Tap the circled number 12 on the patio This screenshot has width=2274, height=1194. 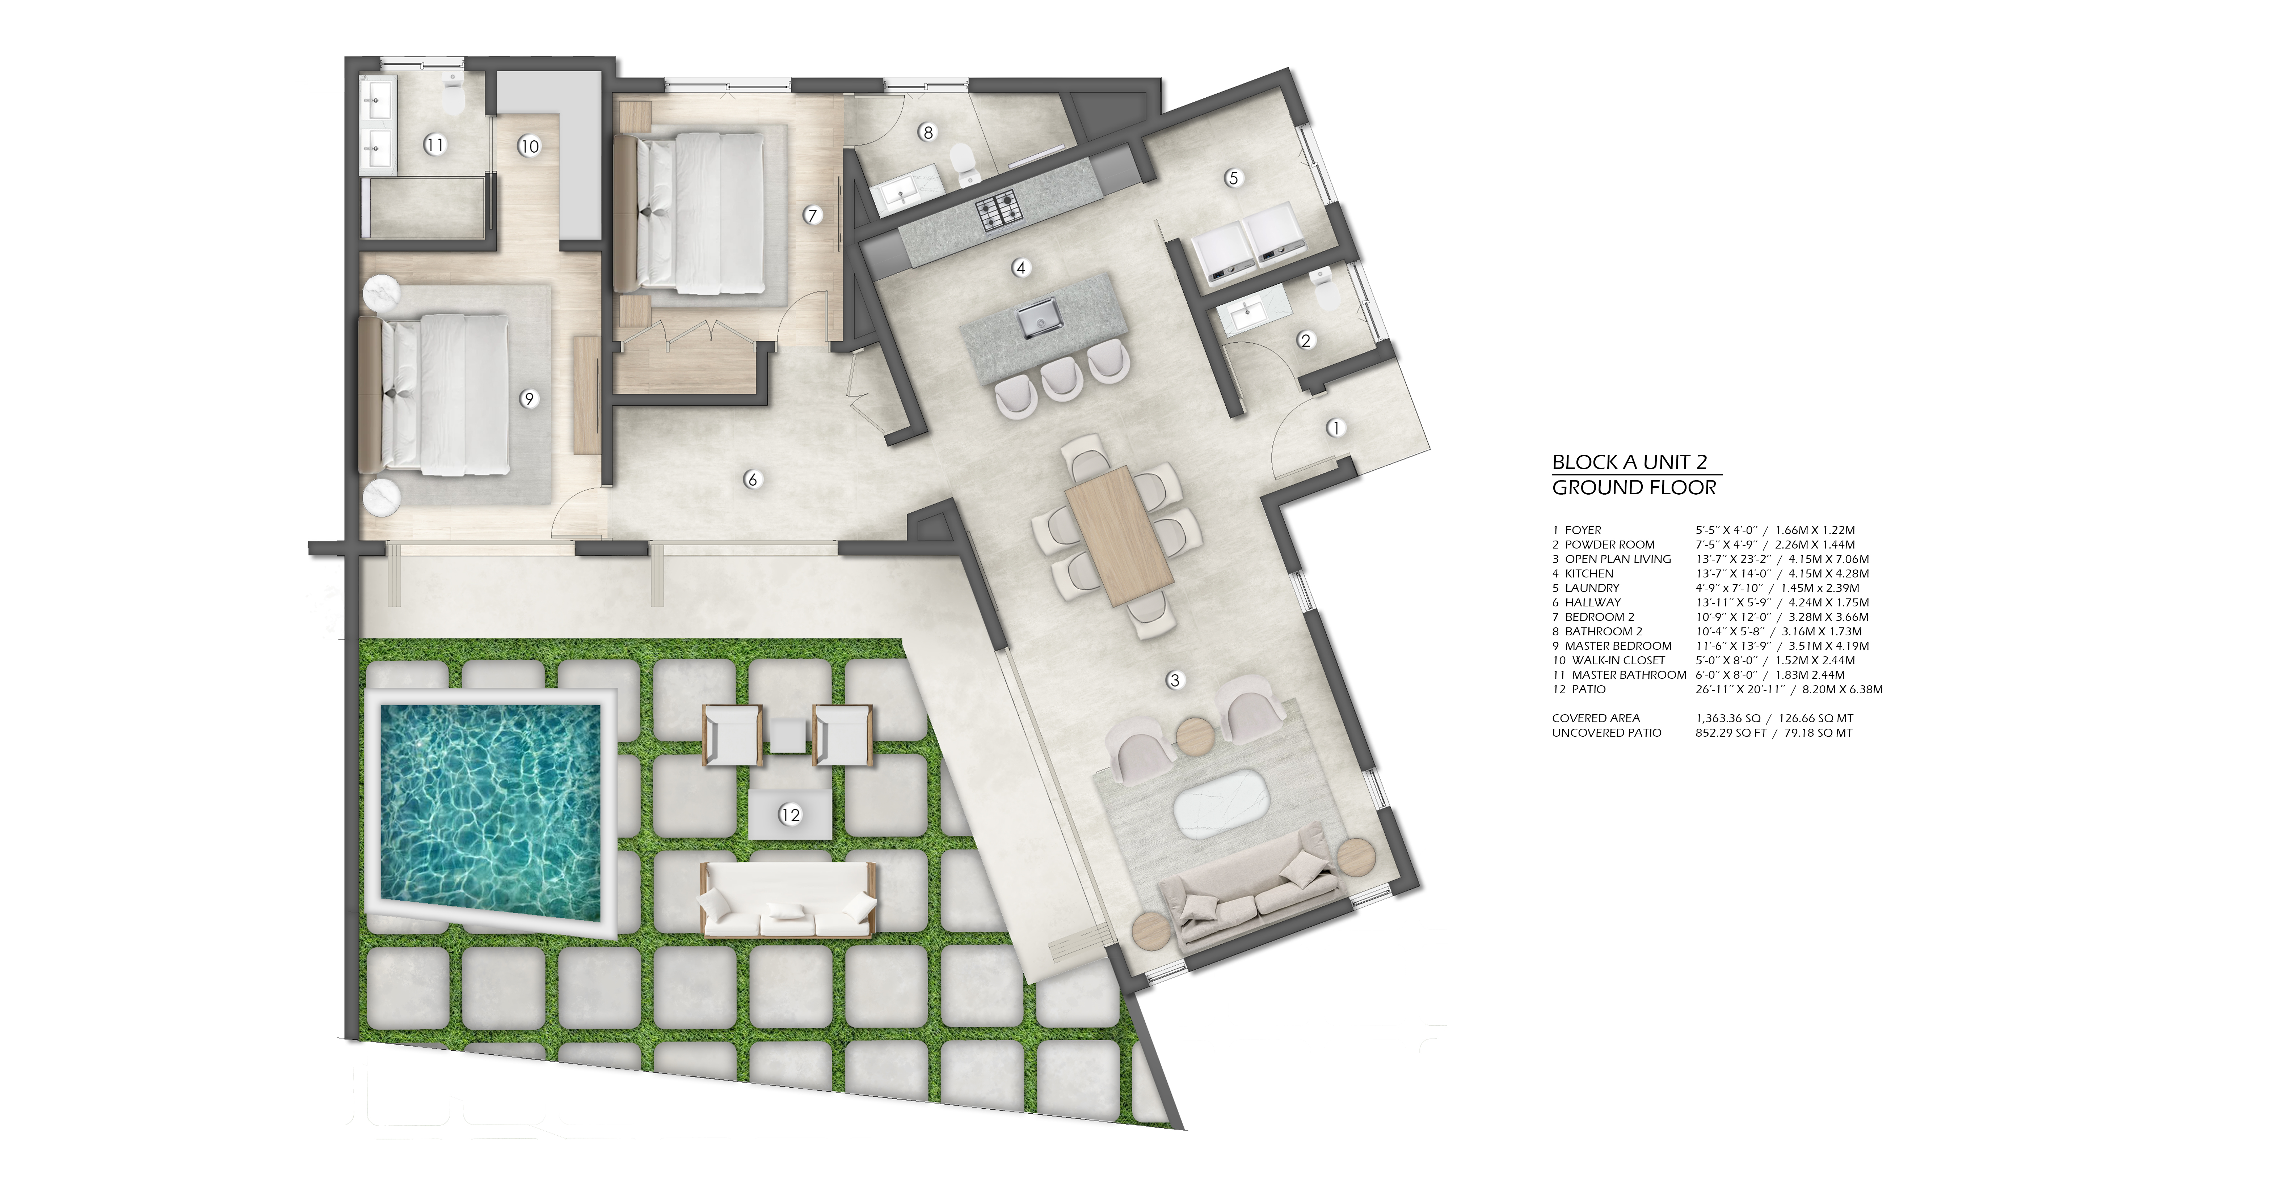pos(790,814)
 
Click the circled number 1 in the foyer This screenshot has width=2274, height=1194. pos(1336,428)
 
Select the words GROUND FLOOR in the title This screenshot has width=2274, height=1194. pos(1634,487)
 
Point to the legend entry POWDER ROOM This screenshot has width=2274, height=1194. pos(1609,545)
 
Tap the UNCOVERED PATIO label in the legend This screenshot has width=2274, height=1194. pos(1606,732)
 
